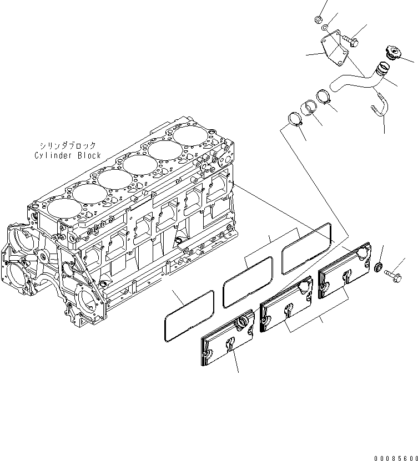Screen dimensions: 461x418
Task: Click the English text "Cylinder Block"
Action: point(67,155)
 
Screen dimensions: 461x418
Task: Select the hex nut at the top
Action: point(319,21)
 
